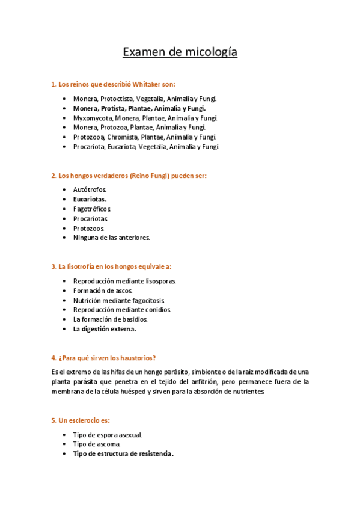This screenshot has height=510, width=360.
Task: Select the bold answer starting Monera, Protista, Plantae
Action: (139, 108)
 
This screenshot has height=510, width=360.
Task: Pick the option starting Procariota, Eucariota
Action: (145, 146)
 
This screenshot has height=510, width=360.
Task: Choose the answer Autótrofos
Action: (90, 189)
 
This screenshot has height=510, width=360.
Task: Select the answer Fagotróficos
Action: (92, 209)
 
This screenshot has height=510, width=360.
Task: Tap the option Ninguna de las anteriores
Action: (111, 238)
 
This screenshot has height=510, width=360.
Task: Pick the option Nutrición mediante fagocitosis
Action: (119, 300)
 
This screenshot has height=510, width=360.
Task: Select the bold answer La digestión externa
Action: (105, 329)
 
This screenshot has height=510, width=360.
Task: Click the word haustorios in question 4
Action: (139, 357)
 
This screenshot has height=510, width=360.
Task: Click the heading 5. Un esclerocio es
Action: (81, 420)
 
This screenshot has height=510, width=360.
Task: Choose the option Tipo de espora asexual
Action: (108, 434)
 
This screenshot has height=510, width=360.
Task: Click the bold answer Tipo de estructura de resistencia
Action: (123, 453)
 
